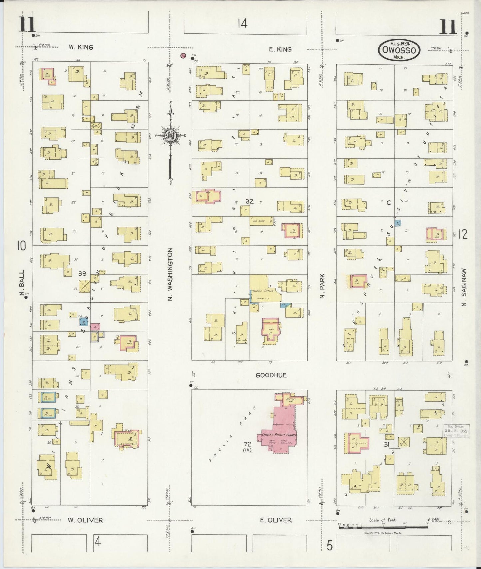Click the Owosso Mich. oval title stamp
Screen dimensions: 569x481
pyautogui.click(x=399, y=50)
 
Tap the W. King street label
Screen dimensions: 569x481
pyautogui.click(x=81, y=47)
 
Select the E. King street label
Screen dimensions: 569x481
pyautogui.click(x=280, y=49)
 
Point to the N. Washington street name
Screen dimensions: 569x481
pyautogui.click(x=170, y=275)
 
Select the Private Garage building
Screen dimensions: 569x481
pyautogui.click(x=263, y=291)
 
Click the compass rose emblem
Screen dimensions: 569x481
pyautogui.click(x=170, y=136)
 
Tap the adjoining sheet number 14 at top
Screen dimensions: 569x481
pyautogui.click(x=243, y=24)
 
